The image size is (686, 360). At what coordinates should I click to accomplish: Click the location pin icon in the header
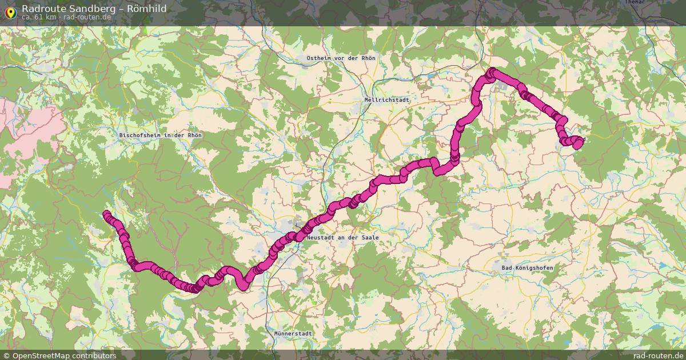pos(10,10)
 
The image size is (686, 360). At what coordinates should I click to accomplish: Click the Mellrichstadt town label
pos(387,99)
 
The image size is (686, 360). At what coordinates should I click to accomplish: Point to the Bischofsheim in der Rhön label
pos(161,135)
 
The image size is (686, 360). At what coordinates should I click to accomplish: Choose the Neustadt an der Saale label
pos(343,237)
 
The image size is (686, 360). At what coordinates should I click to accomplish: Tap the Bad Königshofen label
pos(527,267)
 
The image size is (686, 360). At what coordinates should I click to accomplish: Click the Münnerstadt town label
pos(293,333)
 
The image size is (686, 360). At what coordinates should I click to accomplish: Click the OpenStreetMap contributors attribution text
pos(64,355)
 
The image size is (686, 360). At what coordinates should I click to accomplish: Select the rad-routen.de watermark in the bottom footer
pos(657,355)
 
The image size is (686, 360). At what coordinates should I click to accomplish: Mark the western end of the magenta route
pos(106,214)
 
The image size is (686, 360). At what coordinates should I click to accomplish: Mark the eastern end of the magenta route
pos(578,143)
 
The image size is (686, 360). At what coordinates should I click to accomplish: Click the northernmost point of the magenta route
pos(492,71)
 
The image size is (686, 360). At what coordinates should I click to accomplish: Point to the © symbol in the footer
pos(7,355)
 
